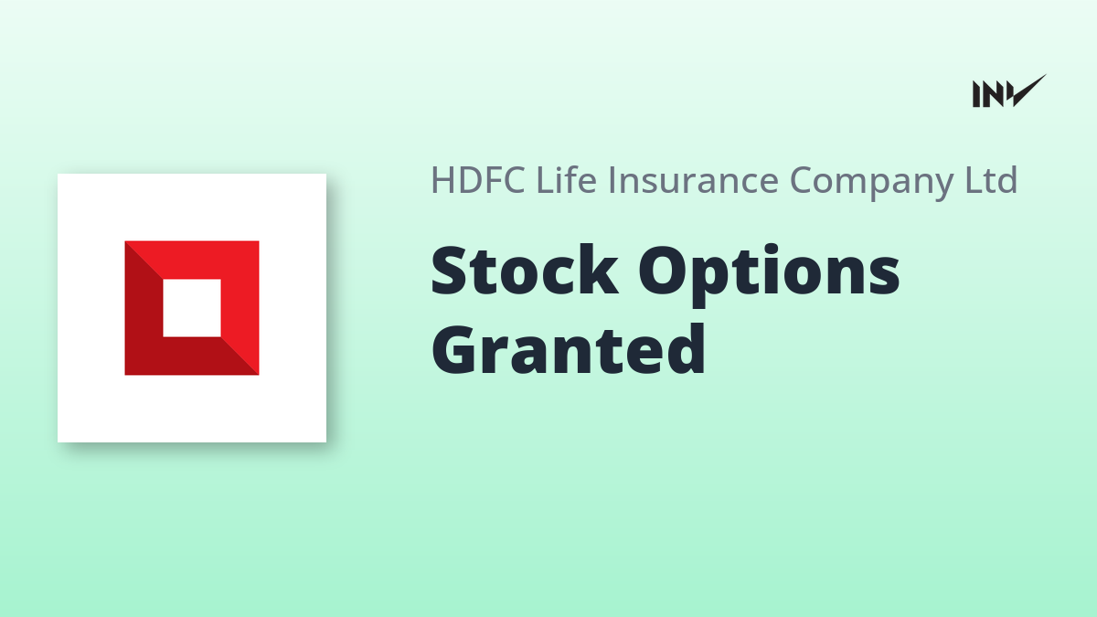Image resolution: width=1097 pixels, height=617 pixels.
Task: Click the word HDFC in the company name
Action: pyautogui.click(x=478, y=180)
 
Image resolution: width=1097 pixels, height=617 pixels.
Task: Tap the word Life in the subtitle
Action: pyautogui.click(x=567, y=179)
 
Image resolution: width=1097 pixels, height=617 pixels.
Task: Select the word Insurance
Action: pyautogui.click(x=694, y=180)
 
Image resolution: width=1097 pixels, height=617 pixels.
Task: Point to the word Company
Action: pyautogui.click(x=872, y=183)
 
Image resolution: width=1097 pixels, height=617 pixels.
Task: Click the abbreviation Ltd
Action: pyautogui.click(x=991, y=179)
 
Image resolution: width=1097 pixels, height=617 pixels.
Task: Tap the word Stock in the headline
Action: pyautogui.click(x=525, y=271)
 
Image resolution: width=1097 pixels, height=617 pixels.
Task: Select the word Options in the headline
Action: pyautogui.click(x=770, y=276)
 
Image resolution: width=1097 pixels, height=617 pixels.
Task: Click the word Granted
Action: pyautogui.click(x=568, y=349)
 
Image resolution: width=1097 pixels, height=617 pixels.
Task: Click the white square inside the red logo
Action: pyautogui.click(x=192, y=308)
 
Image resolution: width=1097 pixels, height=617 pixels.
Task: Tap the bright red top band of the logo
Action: pyautogui.click(x=192, y=260)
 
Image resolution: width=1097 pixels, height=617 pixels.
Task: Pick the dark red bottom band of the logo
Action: pyautogui.click(x=192, y=356)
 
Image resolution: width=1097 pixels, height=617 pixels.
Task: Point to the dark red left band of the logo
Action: pyautogui.click(x=144, y=308)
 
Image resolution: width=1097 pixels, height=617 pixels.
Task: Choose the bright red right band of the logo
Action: pyautogui.click(x=240, y=308)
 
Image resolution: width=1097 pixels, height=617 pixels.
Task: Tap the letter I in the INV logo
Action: pyautogui.click(x=976, y=94)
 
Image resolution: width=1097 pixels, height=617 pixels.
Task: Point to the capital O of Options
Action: pyautogui.click(x=664, y=271)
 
